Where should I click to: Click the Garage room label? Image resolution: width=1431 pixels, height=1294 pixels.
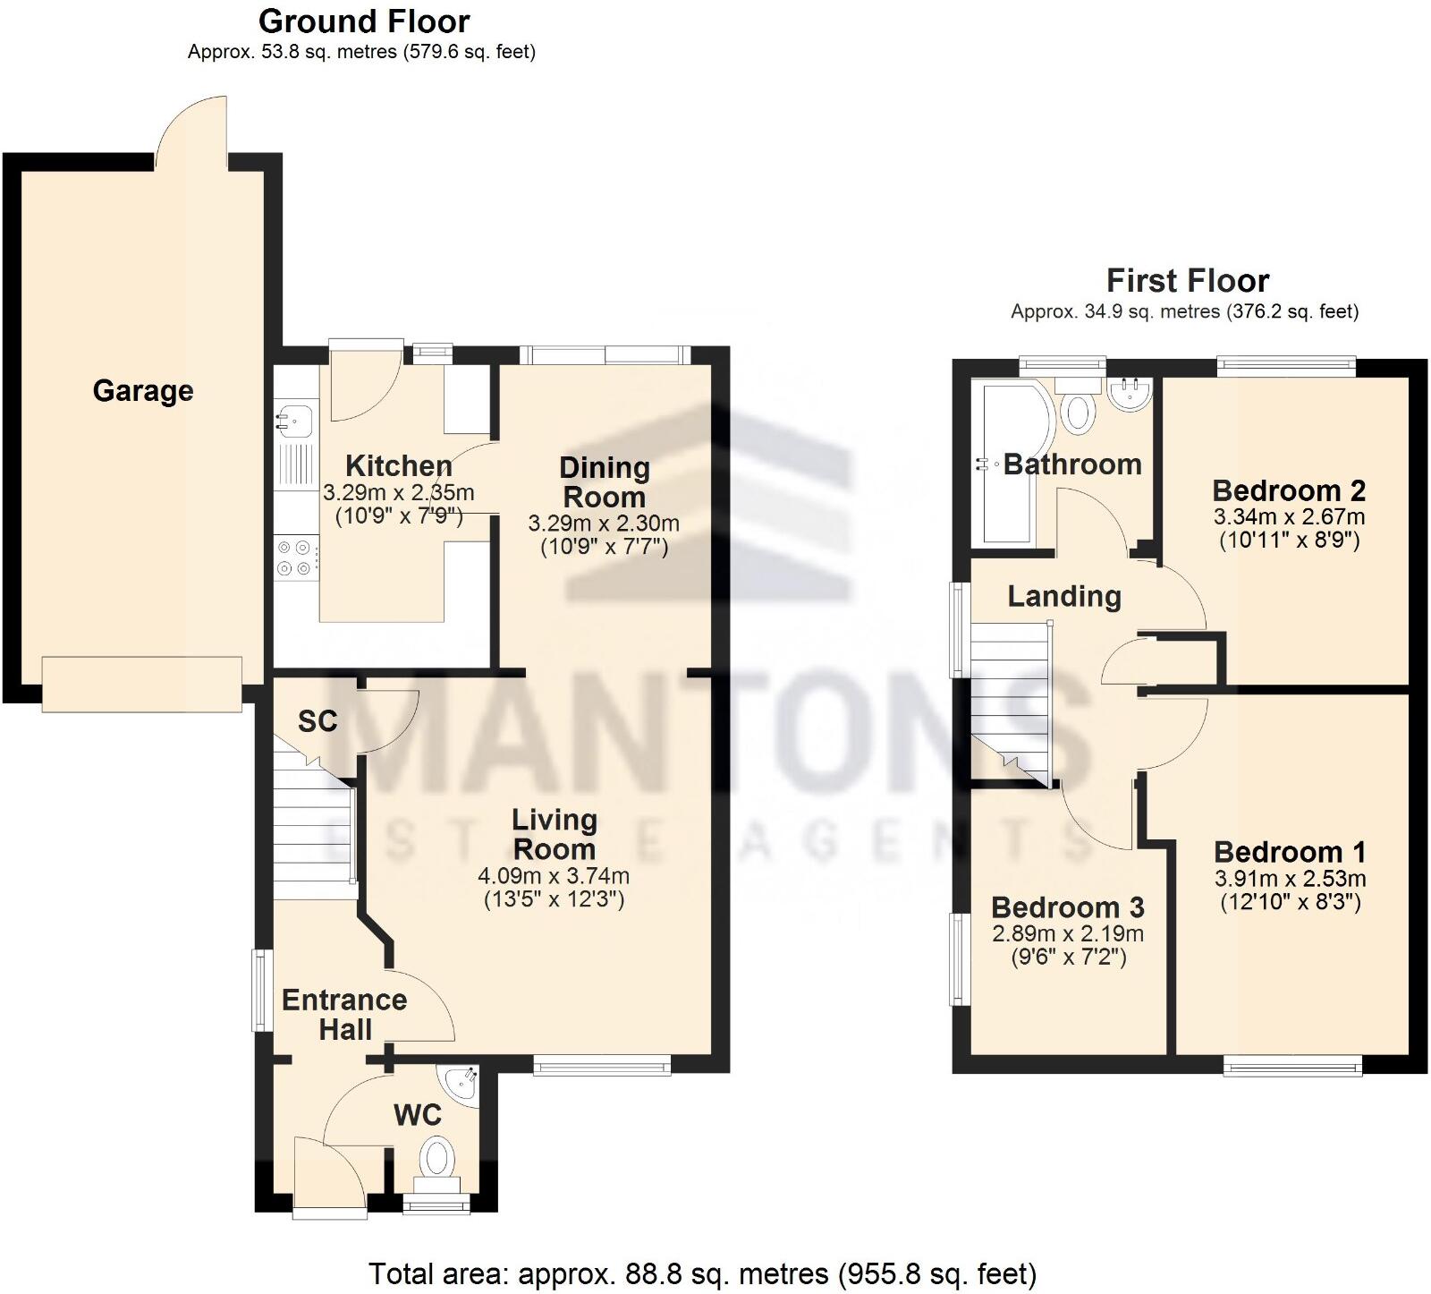pos(143,391)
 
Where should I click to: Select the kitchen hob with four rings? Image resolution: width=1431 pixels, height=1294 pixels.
pos(296,557)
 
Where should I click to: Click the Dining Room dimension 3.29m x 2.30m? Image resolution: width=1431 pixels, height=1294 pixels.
pos(604,524)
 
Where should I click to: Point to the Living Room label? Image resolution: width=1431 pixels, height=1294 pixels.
pos(554,834)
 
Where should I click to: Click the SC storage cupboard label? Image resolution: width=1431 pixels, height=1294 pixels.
pos(318,721)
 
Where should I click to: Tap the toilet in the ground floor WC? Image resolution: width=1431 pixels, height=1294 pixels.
pos(436,1158)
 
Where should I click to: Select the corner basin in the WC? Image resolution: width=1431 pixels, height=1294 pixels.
pos(465,1084)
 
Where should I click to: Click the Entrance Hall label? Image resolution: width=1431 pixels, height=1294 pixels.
pos(344,1015)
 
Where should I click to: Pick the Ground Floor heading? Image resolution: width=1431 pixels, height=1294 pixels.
pos(363,21)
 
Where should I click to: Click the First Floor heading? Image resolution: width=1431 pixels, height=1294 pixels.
pos(1187,281)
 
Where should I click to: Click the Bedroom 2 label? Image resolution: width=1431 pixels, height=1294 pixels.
pos(1288,491)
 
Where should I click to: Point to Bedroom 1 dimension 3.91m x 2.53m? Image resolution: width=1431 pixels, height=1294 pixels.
pos(1290,879)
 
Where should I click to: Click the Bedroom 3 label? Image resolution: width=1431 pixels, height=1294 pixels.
pos(1067,908)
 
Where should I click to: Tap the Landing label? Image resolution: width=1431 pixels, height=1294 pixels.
pos(1064,597)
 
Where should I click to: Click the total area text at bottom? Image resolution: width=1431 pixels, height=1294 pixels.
pos(702,1273)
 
